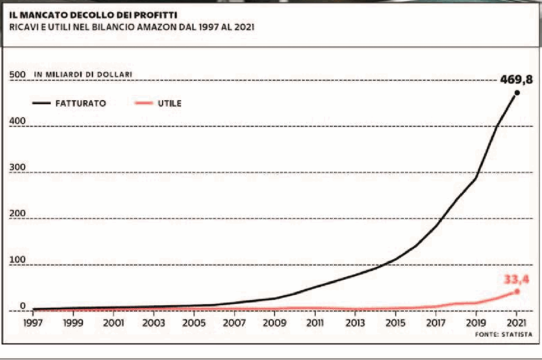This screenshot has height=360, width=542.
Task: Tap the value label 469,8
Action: pyautogui.click(x=516, y=80)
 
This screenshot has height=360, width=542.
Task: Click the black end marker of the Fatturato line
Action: pyautogui.click(x=517, y=93)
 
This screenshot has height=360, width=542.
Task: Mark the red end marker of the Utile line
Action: pyautogui.click(x=517, y=291)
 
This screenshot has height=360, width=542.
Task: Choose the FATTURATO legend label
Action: pyautogui.click(x=80, y=103)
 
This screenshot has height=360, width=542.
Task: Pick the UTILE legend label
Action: pyautogui.click(x=169, y=103)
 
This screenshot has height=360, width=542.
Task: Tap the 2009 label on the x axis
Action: pyautogui.click(x=274, y=322)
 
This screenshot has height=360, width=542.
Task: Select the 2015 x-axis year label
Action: pyautogui.click(x=396, y=322)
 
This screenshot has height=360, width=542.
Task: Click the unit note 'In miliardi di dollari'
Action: pyautogui.click(x=83, y=75)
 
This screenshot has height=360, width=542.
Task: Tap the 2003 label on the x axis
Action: pyautogui.click(x=153, y=322)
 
